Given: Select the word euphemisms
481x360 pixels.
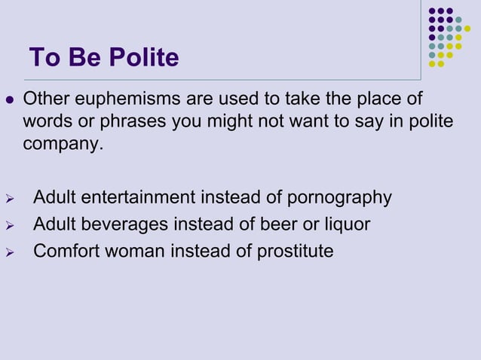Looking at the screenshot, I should click(x=124, y=99).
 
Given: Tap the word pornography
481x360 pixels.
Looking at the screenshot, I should click(x=340, y=198).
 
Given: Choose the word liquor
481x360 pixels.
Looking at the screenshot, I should click(x=345, y=224).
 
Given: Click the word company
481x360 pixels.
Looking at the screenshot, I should click(x=61, y=144).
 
